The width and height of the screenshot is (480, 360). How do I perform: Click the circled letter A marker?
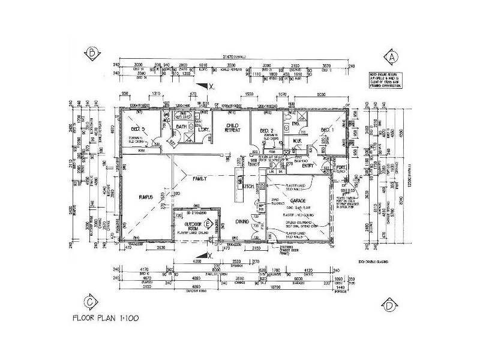(392, 56)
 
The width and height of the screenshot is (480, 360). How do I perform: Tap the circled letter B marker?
(92, 53)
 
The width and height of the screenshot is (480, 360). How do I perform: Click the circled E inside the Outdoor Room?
(208, 224)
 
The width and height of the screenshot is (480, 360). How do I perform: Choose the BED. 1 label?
(328, 130)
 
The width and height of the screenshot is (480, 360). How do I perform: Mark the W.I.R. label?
(296, 142)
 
